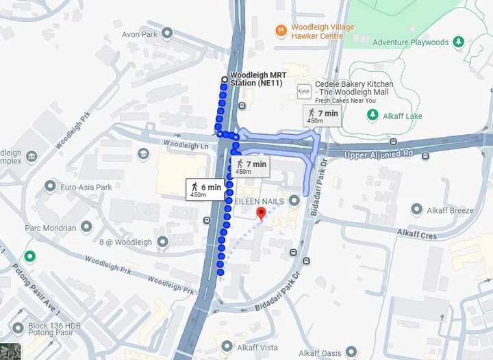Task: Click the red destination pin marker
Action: (260, 213)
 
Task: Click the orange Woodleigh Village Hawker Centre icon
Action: (280, 31)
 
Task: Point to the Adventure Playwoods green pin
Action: (457, 42)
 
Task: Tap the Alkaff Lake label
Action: (403, 116)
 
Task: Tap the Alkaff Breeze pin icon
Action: (413, 210)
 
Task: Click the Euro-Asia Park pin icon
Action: (50, 186)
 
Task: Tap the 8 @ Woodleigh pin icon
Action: (162, 242)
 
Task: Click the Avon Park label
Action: (140, 34)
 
